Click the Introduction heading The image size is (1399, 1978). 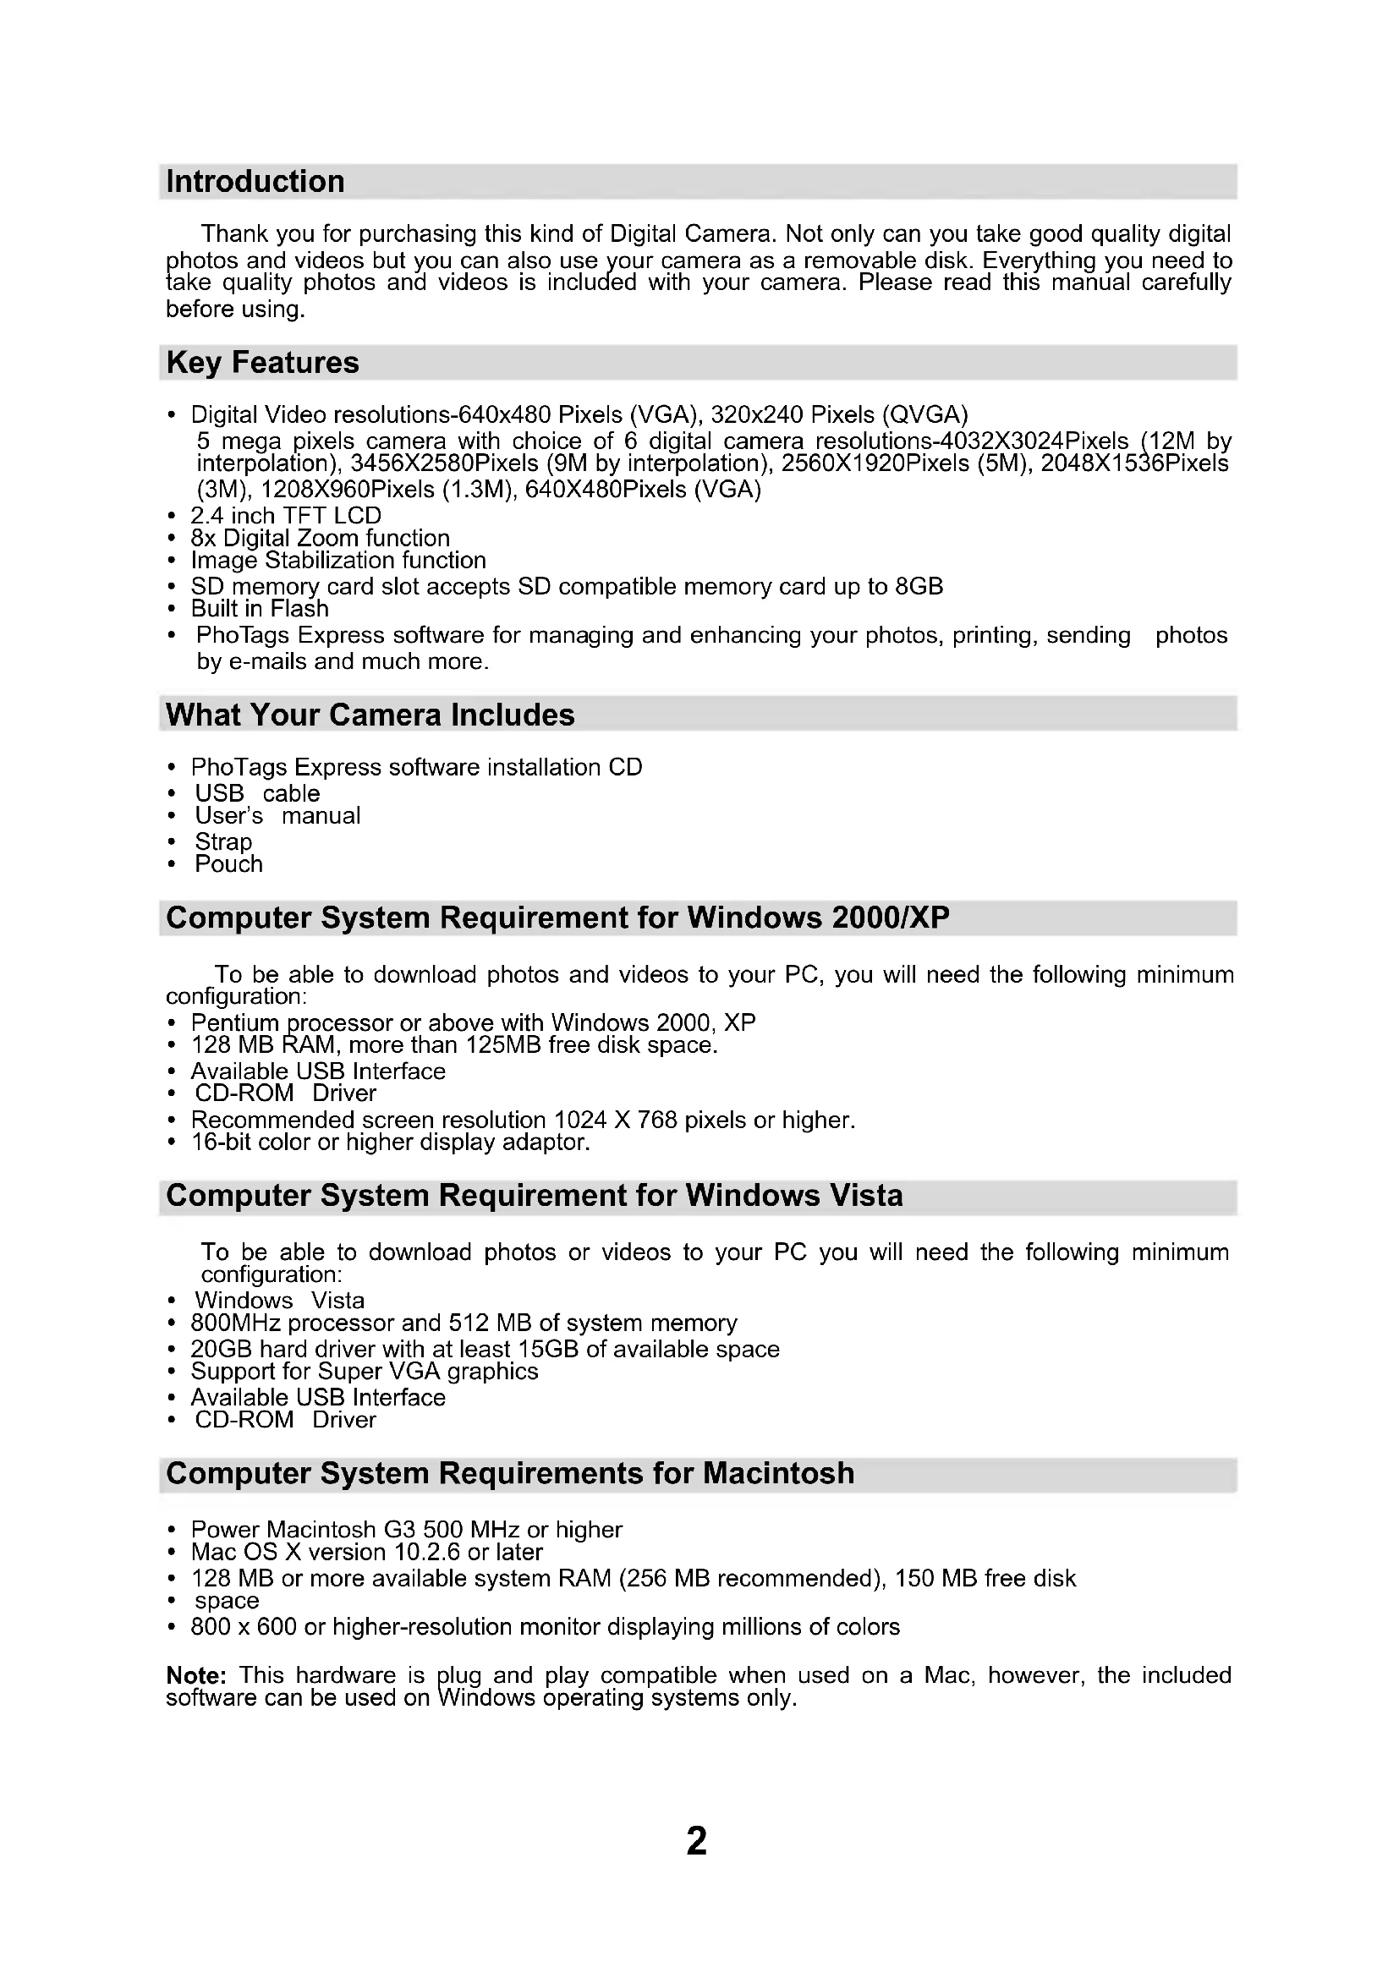[255, 182]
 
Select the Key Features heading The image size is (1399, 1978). [262, 363]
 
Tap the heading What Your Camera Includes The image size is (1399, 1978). [370, 715]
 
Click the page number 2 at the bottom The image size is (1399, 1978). [696, 1840]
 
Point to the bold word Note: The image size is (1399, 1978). [195, 1674]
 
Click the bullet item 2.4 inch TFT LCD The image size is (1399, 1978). [285, 515]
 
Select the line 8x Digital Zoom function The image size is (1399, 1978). [320, 538]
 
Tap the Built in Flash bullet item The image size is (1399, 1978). [260, 608]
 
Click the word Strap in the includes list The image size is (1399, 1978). [223, 841]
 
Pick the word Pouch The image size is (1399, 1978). [228, 864]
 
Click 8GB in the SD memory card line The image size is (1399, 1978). [919, 587]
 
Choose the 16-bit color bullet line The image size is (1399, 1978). [390, 1142]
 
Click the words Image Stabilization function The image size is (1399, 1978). [337, 560]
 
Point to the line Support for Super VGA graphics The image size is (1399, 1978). [365, 1371]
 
